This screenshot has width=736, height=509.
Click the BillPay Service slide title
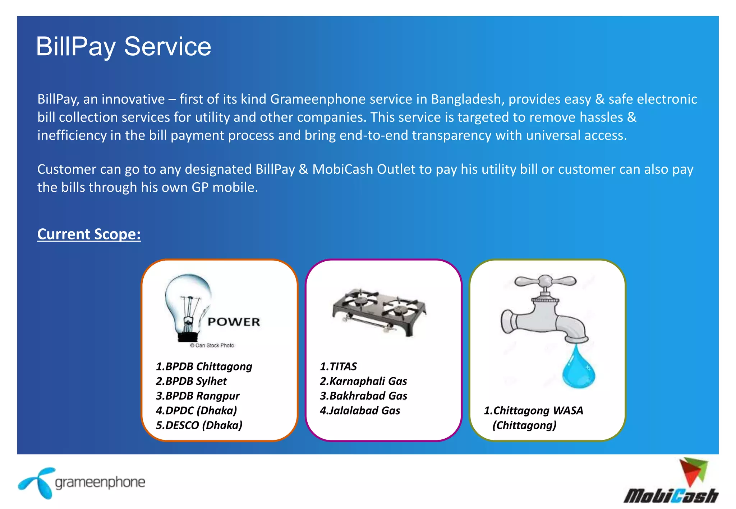coord(124,47)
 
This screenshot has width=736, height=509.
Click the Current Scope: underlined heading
coord(89,234)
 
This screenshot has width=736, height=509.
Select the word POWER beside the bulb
coord(234,322)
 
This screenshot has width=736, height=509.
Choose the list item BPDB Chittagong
coord(204,366)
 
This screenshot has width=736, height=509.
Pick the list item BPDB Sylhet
coord(192,381)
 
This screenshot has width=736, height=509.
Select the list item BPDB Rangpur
coord(198,396)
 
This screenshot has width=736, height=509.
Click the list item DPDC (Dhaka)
coord(197,411)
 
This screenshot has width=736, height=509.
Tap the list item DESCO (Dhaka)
coord(199,425)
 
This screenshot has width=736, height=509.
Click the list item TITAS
coord(338,366)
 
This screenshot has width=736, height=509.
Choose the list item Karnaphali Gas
coord(363,381)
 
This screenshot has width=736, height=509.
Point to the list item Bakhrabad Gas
coord(363,396)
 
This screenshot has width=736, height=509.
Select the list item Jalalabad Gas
coord(360,411)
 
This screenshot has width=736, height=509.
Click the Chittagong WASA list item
coord(533,411)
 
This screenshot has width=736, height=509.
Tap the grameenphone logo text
coord(100,482)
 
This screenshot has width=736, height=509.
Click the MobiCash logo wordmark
coord(671,496)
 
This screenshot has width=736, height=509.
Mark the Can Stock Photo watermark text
coord(212,345)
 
